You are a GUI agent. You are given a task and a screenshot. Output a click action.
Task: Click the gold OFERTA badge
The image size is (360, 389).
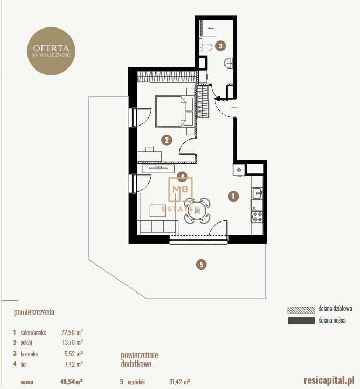(x=51, y=51)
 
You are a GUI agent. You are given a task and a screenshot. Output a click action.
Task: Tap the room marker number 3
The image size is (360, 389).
(x=220, y=46)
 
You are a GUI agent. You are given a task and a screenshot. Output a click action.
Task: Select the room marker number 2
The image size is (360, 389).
(x=167, y=140)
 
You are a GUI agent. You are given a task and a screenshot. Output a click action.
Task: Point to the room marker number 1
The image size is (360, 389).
(x=233, y=196)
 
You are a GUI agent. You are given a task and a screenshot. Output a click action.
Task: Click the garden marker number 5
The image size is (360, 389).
(x=201, y=265)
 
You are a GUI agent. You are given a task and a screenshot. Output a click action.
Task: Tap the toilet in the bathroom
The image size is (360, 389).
(x=205, y=47)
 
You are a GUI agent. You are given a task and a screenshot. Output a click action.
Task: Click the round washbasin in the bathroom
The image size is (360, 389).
(x=228, y=63)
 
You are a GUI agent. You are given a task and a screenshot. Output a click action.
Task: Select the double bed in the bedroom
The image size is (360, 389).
(x=174, y=112)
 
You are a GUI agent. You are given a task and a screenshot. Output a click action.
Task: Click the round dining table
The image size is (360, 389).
(x=197, y=211)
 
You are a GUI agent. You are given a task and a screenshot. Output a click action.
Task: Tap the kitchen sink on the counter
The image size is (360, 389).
(x=257, y=193)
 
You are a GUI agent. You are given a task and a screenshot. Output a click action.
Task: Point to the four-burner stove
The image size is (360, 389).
(x=257, y=217)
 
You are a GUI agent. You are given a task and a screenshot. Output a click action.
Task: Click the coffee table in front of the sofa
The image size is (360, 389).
(x=158, y=211)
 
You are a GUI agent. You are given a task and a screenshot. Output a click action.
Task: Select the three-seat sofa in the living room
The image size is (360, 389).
(x=159, y=228)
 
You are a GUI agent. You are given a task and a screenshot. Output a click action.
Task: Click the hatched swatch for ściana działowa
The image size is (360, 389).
(x=301, y=310)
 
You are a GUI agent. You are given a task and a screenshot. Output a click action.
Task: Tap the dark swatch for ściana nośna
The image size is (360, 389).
(x=301, y=321)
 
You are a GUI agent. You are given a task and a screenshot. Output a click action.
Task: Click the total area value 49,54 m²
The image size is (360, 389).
(x=71, y=382)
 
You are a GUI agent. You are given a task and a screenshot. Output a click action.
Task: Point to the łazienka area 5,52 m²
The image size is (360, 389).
(x=74, y=354)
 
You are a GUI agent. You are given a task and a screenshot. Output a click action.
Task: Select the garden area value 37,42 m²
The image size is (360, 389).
(x=179, y=382)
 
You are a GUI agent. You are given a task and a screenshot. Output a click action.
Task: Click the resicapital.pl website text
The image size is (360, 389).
(x=329, y=380)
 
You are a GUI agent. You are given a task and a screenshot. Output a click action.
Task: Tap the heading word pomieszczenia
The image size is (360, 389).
(x=34, y=312)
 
